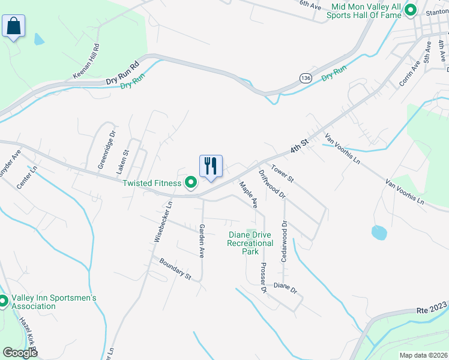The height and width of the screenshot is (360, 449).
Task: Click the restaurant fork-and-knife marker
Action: tap(211, 166)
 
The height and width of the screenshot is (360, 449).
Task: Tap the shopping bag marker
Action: tap(13, 26)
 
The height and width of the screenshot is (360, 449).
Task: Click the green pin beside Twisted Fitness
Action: tap(191, 183)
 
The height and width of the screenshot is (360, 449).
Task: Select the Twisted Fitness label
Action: tap(151, 183)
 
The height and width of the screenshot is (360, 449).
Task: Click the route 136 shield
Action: tap(306, 79)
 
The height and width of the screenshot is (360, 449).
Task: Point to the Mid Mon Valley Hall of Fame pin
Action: tap(411, 10)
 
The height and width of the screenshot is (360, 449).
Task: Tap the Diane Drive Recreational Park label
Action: tap(250, 243)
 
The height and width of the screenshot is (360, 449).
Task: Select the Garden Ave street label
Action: tap(202, 241)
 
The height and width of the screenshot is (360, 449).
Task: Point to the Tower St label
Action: tap(282, 174)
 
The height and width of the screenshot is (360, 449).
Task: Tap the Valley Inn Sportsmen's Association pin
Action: tap(3, 302)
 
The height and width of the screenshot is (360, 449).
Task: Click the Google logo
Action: tap(20, 352)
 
